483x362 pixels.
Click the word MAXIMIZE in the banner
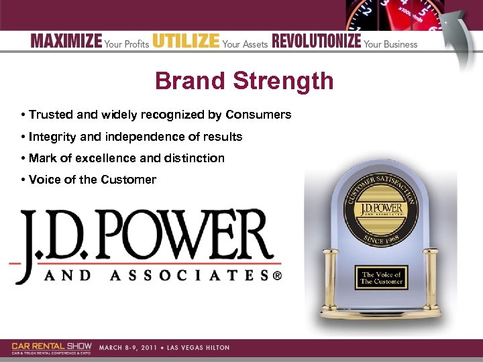(x=66, y=42)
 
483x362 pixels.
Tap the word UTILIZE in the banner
(x=186, y=42)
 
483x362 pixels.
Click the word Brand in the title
(x=190, y=81)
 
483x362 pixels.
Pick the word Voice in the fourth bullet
(x=43, y=180)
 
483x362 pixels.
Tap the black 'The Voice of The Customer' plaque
(x=381, y=278)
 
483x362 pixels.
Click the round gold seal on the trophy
(x=380, y=210)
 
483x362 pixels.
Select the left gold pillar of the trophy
(x=330, y=282)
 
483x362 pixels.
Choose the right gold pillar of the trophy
(x=432, y=282)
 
